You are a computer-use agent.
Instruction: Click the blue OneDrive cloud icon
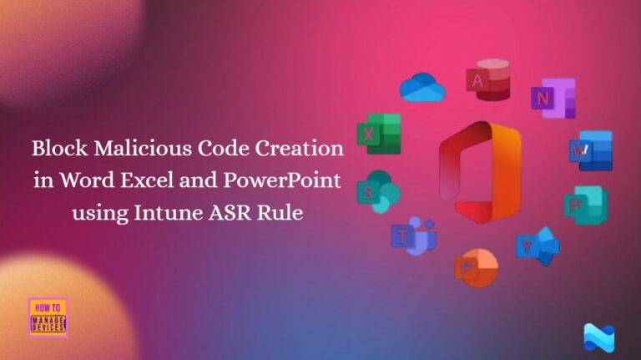tap(421, 86)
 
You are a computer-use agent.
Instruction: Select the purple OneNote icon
tap(553, 98)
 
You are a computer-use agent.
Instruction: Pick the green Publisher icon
tap(584, 205)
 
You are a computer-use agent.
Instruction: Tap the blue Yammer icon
tap(538, 245)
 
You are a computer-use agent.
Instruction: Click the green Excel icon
tap(378, 134)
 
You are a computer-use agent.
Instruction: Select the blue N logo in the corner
tap(598, 337)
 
